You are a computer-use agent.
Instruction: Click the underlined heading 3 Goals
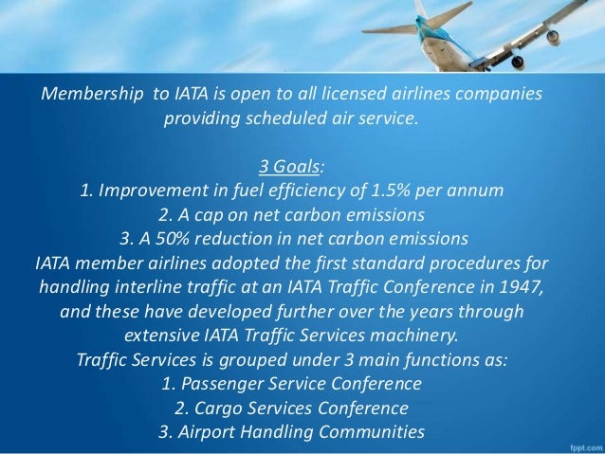coord(292,168)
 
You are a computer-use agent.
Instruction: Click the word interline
coord(134,282)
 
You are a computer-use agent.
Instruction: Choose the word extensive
coord(161,335)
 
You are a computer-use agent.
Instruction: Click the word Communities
coord(363,432)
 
